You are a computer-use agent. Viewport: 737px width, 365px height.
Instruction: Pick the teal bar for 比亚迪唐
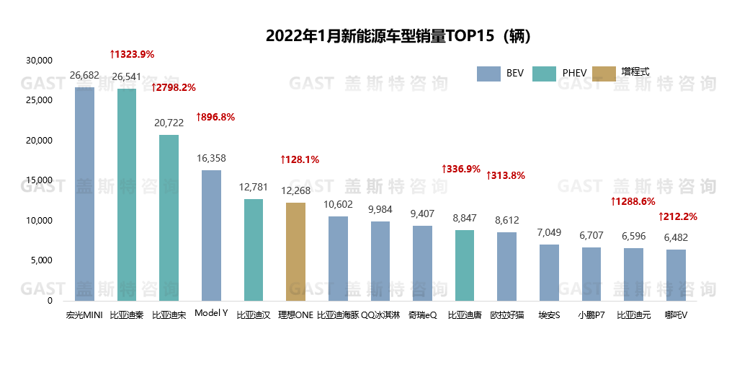465,265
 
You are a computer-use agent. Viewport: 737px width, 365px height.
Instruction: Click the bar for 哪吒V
675,275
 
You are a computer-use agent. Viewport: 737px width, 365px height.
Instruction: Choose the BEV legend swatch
488,73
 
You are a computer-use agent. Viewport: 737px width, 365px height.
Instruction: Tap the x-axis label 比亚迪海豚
338,315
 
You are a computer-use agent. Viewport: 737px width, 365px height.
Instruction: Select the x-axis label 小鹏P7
591,315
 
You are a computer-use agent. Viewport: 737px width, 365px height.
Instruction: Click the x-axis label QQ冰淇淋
380,315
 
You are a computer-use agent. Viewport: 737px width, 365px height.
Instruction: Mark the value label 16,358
211,158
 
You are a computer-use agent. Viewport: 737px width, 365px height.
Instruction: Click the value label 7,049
549,232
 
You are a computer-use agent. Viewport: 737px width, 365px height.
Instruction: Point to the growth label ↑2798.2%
173,87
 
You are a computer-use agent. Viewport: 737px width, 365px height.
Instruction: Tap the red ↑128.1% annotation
299,159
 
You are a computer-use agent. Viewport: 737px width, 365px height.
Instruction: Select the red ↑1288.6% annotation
633,201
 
